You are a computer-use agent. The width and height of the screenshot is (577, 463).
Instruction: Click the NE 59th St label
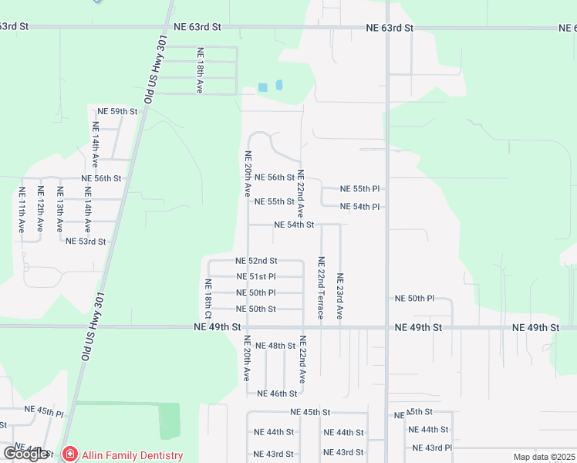click(113, 111)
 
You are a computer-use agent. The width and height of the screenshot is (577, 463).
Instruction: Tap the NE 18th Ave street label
click(199, 71)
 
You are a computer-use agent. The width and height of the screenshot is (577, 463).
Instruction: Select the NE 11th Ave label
click(22, 209)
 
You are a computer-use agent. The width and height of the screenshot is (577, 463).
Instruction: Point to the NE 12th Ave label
click(40, 209)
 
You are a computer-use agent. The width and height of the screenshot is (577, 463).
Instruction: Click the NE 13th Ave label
click(59, 209)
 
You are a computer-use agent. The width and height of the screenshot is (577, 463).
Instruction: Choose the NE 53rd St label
click(86, 242)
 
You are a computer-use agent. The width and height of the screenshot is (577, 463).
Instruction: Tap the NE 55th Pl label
click(362, 189)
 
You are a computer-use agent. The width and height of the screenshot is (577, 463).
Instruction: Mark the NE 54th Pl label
click(362, 207)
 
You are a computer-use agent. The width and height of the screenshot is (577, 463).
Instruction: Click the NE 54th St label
click(295, 225)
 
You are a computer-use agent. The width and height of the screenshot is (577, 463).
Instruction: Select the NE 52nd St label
click(256, 261)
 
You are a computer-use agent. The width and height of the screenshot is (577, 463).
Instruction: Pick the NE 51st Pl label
click(256, 276)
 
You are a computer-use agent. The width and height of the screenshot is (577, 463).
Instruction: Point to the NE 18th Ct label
click(208, 299)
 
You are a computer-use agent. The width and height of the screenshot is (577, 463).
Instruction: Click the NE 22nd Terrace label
click(321, 289)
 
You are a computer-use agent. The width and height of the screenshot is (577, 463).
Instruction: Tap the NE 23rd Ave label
click(339, 297)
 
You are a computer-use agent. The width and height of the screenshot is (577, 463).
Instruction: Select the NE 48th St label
click(275, 346)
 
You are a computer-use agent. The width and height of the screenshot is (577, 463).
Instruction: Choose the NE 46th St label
click(277, 394)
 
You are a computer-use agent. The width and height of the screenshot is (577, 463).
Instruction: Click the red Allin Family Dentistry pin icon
click(69, 455)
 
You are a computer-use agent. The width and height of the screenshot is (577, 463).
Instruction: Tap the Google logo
click(25, 454)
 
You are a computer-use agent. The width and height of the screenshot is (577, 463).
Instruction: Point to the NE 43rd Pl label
click(432, 448)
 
